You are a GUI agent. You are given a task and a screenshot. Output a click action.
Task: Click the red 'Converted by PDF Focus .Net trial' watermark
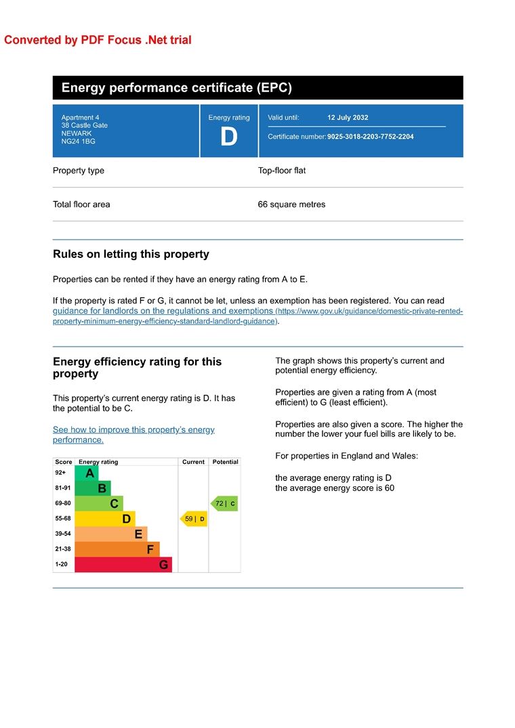pos(98,40)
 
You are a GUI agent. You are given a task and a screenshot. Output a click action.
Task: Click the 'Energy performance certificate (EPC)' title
pos(176,88)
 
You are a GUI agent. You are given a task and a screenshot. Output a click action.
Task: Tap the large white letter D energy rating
pos(229,137)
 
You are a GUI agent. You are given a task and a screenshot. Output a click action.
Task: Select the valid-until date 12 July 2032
pos(348,118)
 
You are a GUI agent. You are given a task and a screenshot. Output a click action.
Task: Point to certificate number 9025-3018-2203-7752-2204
pos(370,137)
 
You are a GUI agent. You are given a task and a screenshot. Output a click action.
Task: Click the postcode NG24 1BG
pos(78,142)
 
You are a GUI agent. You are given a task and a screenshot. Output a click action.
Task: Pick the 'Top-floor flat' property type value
pos(281,171)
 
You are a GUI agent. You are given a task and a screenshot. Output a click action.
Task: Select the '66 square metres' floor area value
pos(291,205)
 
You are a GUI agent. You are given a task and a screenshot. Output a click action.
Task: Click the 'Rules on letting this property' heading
pos(131,255)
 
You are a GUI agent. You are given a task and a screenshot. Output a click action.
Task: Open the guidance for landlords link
pos(163,311)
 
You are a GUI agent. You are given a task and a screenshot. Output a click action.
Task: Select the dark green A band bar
pos(87,473)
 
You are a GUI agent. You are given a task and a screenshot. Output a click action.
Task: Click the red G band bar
pos(123,564)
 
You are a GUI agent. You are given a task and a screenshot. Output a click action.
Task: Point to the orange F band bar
pos(117,549)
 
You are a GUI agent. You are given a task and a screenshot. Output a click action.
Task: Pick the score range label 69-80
pos(62,504)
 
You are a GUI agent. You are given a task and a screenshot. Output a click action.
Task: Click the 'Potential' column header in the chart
pos(225,462)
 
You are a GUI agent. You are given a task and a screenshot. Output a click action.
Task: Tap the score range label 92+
pos(61,473)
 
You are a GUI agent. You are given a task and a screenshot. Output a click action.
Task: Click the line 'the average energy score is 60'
pos(334,488)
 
